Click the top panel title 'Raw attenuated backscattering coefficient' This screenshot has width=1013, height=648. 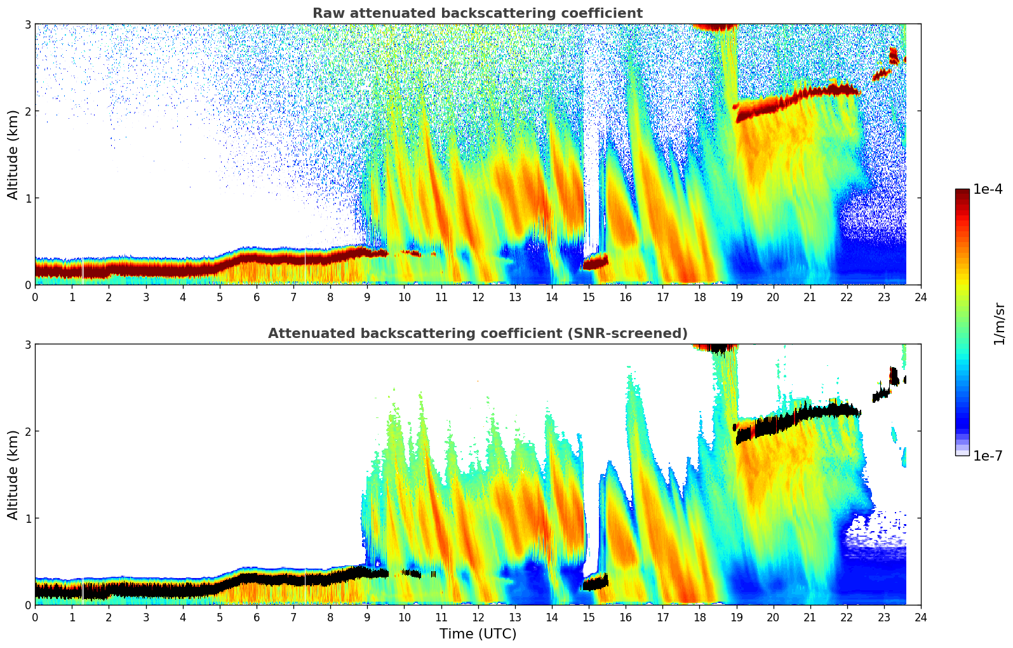point(478,13)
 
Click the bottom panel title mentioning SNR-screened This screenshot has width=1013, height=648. point(478,334)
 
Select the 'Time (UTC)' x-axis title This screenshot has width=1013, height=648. point(478,634)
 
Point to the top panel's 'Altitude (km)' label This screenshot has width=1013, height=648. point(13,154)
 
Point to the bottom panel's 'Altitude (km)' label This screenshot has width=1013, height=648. point(13,475)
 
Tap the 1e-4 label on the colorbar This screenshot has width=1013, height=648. point(988,189)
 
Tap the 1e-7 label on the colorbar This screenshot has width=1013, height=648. point(988,456)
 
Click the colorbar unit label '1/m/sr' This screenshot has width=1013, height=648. point(1000,323)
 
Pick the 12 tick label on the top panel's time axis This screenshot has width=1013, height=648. point(478,297)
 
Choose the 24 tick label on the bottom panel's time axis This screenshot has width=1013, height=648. point(921,617)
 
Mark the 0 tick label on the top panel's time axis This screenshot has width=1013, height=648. point(35,297)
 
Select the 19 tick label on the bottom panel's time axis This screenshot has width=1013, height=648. point(736,617)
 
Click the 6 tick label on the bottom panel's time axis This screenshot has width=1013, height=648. point(257,617)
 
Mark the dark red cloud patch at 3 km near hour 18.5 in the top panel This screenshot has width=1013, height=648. point(714,27)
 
